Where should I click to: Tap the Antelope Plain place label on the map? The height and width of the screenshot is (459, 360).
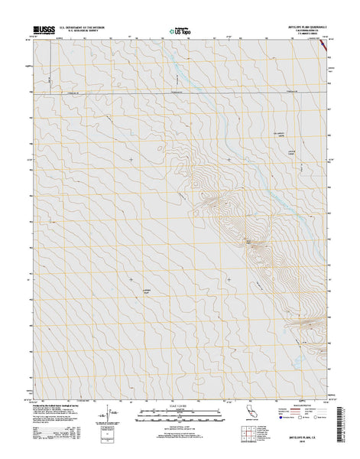(149, 291)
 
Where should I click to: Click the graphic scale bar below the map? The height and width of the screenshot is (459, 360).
(180, 415)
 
